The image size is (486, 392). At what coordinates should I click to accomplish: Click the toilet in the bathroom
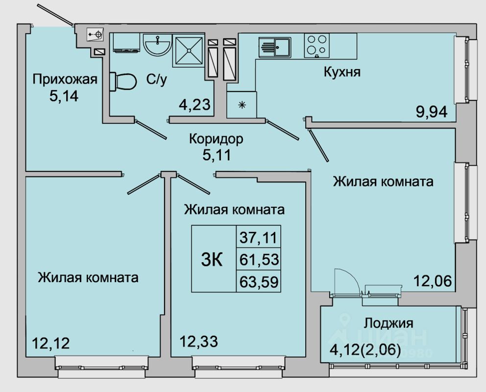point(123,81)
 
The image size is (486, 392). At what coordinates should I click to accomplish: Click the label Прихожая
point(65,79)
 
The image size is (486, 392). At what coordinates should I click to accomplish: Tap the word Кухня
point(342,73)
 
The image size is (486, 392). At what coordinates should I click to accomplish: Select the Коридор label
point(216,139)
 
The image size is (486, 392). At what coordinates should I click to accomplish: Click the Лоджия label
point(389,323)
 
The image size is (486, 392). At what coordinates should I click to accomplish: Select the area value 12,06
point(432,282)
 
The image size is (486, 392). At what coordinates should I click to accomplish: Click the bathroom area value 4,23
point(194,105)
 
